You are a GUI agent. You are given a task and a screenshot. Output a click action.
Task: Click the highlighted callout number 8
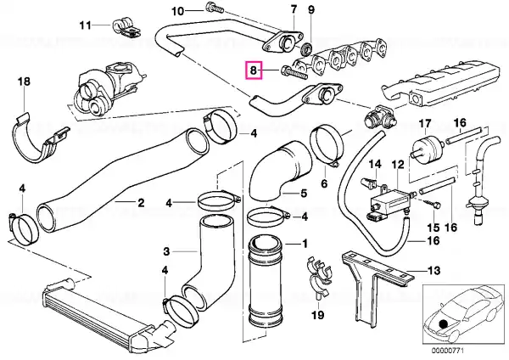point(254,70)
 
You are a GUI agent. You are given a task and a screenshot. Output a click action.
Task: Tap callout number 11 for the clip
point(86,25)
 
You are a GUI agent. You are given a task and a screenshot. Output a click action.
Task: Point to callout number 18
point(24,82)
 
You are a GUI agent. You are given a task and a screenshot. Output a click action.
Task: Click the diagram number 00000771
point(447,351)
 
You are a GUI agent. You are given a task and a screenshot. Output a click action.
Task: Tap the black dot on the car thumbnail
point(443,324)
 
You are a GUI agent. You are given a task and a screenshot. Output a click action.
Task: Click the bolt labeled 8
point(294,72)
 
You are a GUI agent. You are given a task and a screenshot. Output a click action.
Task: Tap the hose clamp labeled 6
point(327,147)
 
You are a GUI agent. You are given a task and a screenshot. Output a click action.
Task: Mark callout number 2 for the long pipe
point(141,203)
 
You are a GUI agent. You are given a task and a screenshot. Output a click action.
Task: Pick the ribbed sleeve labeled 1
point(265,281)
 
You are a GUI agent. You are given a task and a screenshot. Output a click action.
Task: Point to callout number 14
point(375,164)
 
